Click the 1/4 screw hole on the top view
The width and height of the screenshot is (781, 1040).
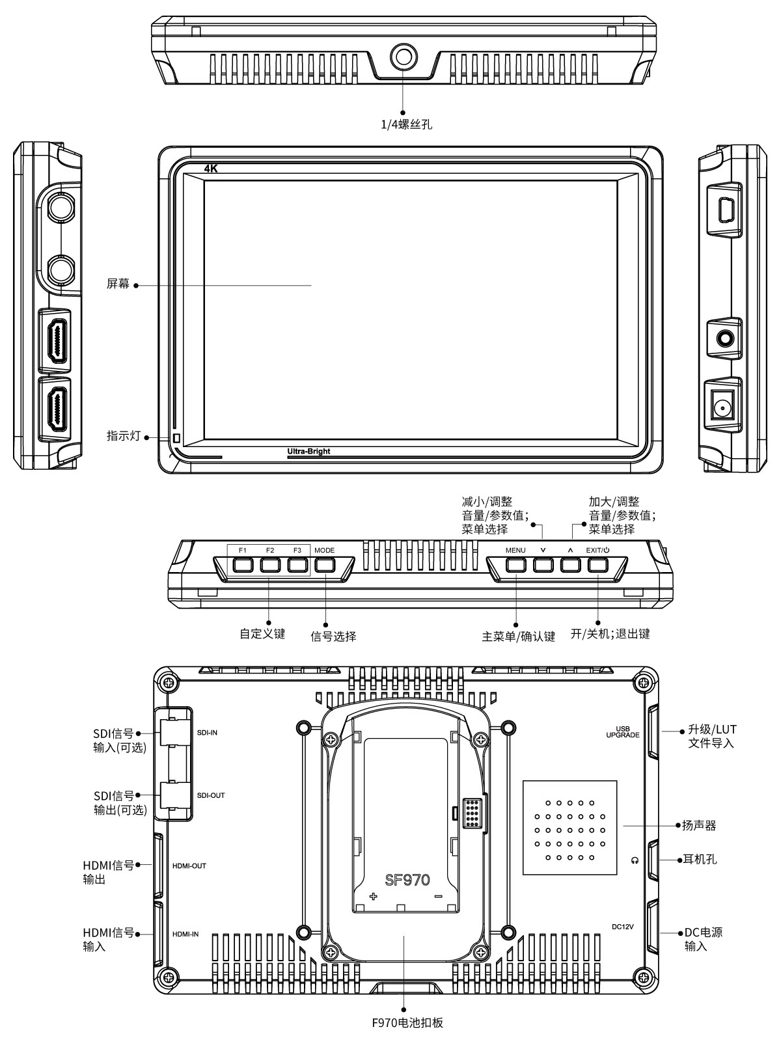click(403, 57)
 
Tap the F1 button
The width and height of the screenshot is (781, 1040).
click(242, 564)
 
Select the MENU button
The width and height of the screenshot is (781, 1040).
click(515, 564)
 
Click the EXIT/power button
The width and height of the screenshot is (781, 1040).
click(597, 564)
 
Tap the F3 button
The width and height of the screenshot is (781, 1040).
click(297, 564)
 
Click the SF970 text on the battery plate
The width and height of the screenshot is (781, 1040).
click(407, 880)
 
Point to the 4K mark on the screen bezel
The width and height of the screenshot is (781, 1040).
click(211, 169)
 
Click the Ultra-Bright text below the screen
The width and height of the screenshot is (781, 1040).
click(308, 452)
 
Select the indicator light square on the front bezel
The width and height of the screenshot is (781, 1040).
click(176, 437)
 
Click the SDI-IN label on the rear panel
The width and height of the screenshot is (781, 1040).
click(207, 733)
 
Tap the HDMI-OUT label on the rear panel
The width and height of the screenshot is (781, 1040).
click(189, 866)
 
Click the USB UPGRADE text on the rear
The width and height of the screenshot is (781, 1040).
click(622, 732)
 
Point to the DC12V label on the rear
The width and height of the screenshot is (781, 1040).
click(623, 926)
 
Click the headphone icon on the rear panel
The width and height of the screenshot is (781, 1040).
click(635, 860)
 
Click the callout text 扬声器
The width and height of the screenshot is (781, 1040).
click(699, 825)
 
